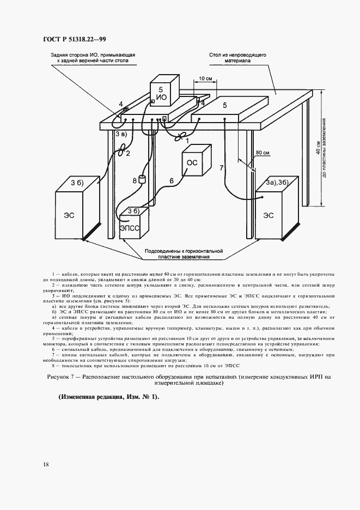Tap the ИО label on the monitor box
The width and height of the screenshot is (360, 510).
tap(162, 97)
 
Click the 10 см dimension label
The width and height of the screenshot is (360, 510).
tap(205, 78)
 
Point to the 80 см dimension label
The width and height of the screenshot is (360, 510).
tap(263, 154)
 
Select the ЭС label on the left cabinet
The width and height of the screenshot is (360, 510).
tap(70, 215)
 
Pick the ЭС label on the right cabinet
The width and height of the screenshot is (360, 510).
tap(268, 215)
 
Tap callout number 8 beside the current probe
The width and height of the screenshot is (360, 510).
tap(135, 180)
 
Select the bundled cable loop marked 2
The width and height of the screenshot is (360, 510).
tap(123, 147)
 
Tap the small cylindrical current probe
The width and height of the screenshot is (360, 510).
tap(143, 179)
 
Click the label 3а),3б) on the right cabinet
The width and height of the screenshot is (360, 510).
tap(276, 181)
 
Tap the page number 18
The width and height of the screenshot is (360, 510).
tap(46, 464)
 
